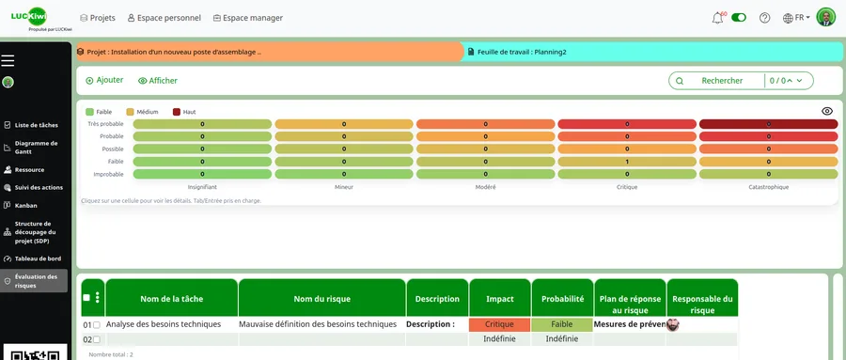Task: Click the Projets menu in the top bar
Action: [98, 18]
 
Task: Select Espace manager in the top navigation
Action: [247, 18]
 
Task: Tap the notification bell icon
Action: [718, 18]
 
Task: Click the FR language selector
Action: [796, 18]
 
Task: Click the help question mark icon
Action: [764, 18]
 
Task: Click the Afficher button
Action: [157, 81]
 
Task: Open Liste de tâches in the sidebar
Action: [36, 125]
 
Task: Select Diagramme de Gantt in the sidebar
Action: [36, 148]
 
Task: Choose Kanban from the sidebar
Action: [25, 205]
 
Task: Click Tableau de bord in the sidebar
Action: [37, 258]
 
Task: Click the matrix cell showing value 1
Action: [627, 161]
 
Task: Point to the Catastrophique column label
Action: [768, 187]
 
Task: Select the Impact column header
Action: [499, 299]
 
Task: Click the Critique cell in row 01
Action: [499, 324]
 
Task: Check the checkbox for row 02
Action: [96, 339]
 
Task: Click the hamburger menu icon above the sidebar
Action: [8, 61]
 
